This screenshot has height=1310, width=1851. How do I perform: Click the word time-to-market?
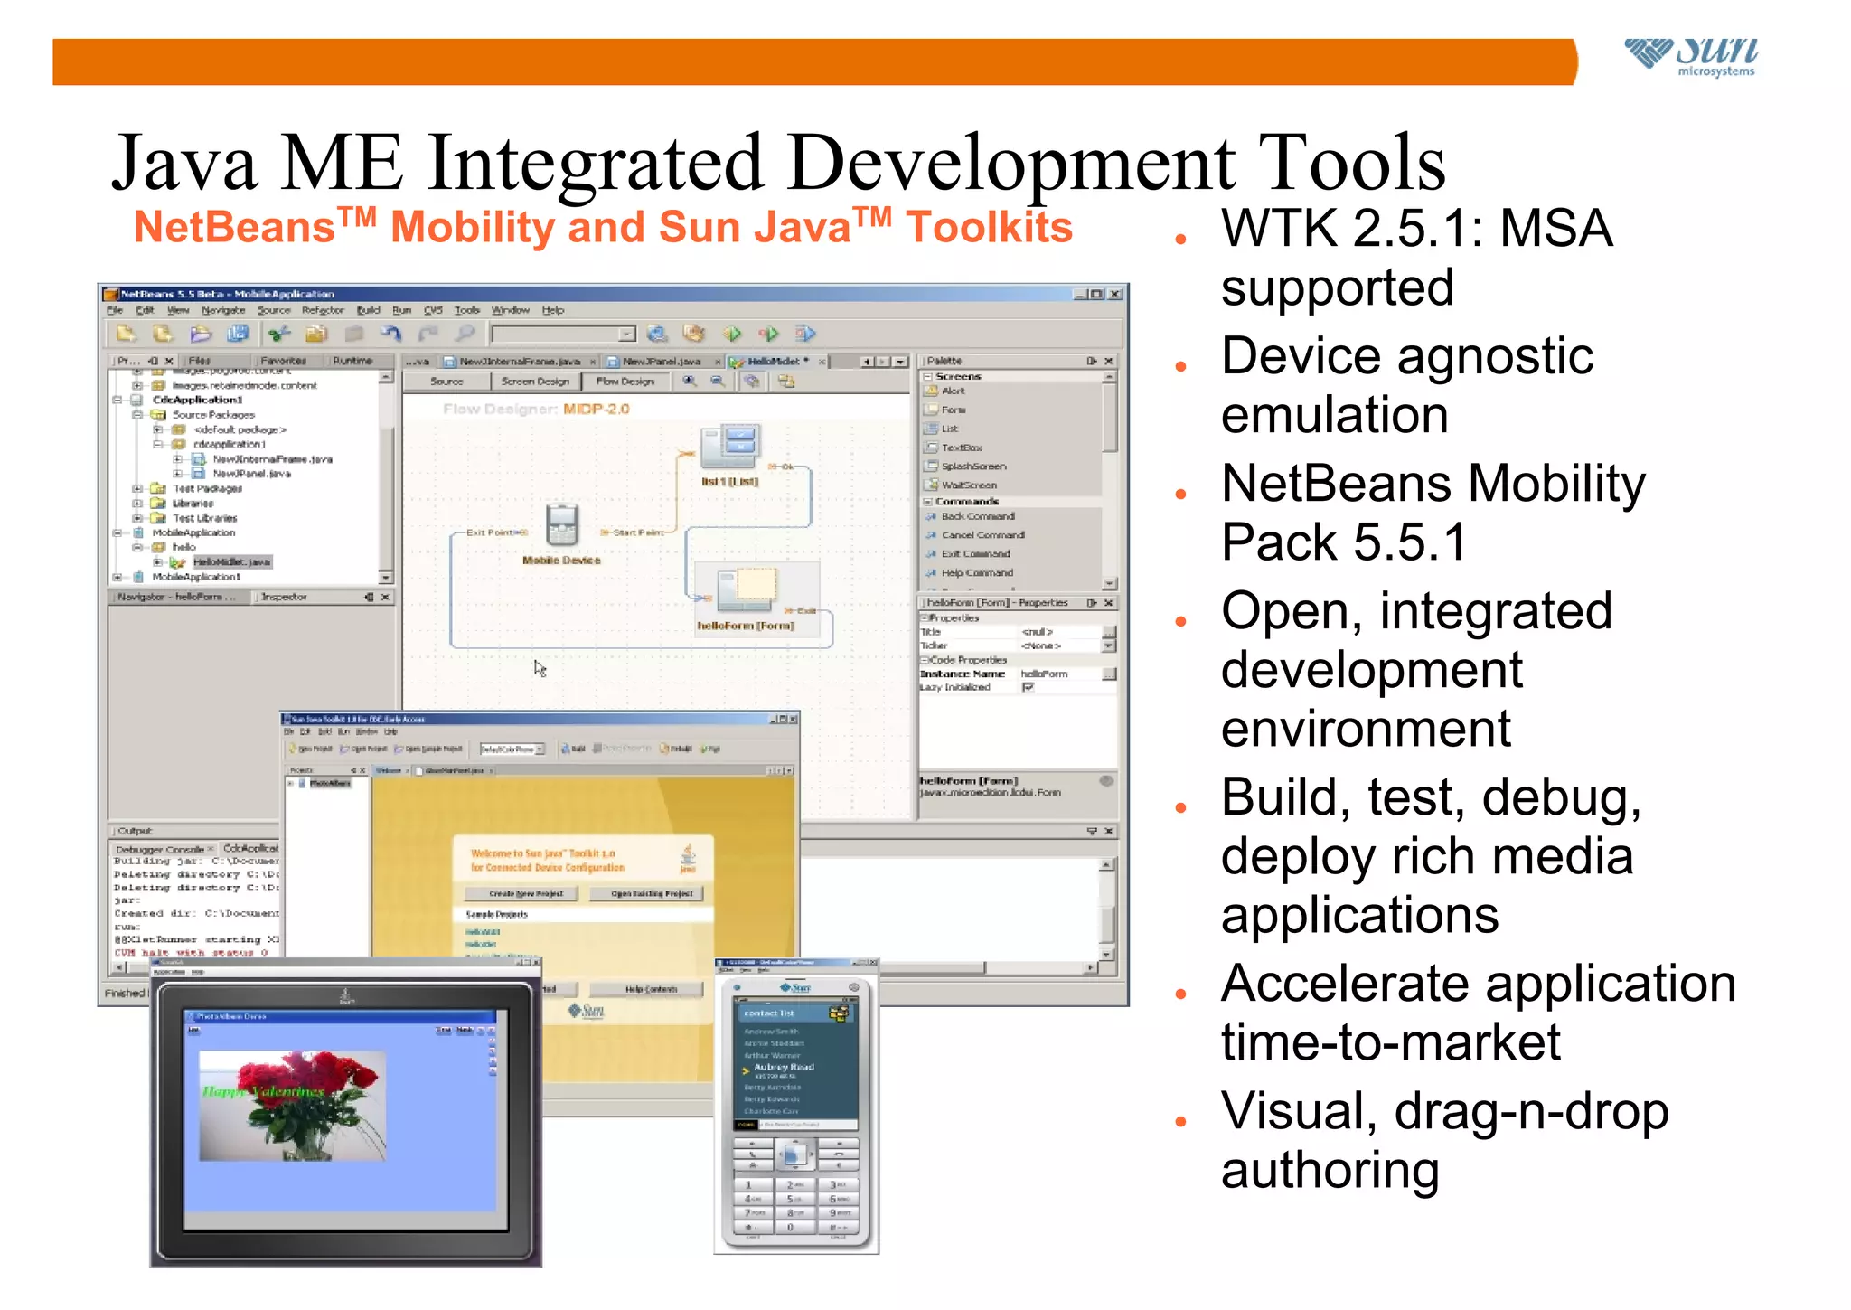(1390, 1042)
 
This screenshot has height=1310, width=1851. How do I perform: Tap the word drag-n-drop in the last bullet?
(1531, 1111)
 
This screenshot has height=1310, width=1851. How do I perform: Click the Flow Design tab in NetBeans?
(625, 382)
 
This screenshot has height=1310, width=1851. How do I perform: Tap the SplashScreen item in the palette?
(972, 467)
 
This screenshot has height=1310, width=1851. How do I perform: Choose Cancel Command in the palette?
(982, 535)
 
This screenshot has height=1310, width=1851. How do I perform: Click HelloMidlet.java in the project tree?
(231, 562)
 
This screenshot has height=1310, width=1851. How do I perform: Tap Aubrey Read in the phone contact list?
(784, 1068)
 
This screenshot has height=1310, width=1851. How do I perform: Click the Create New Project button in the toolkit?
(524, 893)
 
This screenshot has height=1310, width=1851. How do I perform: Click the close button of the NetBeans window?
(1115, 294)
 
